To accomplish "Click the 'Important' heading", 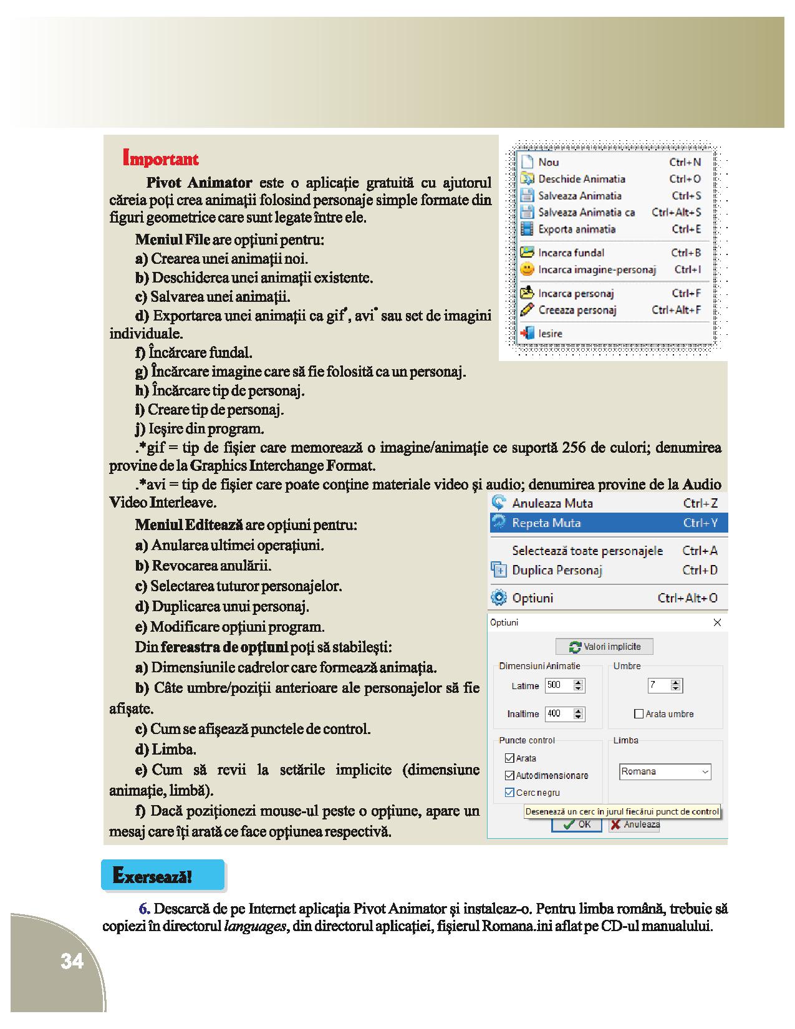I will (161, 158).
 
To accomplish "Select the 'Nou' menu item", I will (549, 162).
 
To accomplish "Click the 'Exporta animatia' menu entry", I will (577, 229).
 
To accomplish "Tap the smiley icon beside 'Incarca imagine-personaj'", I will (528, 270).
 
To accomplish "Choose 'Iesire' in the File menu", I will (550, 334).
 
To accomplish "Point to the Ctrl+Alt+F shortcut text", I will (676, 310).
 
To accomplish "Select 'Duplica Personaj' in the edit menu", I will (557, 570).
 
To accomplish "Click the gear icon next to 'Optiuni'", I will (499, 598).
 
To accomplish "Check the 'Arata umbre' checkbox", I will (638, 714).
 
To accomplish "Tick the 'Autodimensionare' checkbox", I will (509, 776).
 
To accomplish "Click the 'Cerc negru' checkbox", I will (509, 793).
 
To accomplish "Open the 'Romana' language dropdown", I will (665, 772).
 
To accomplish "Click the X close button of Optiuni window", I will (717, 622).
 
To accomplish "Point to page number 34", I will (72, 962).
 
